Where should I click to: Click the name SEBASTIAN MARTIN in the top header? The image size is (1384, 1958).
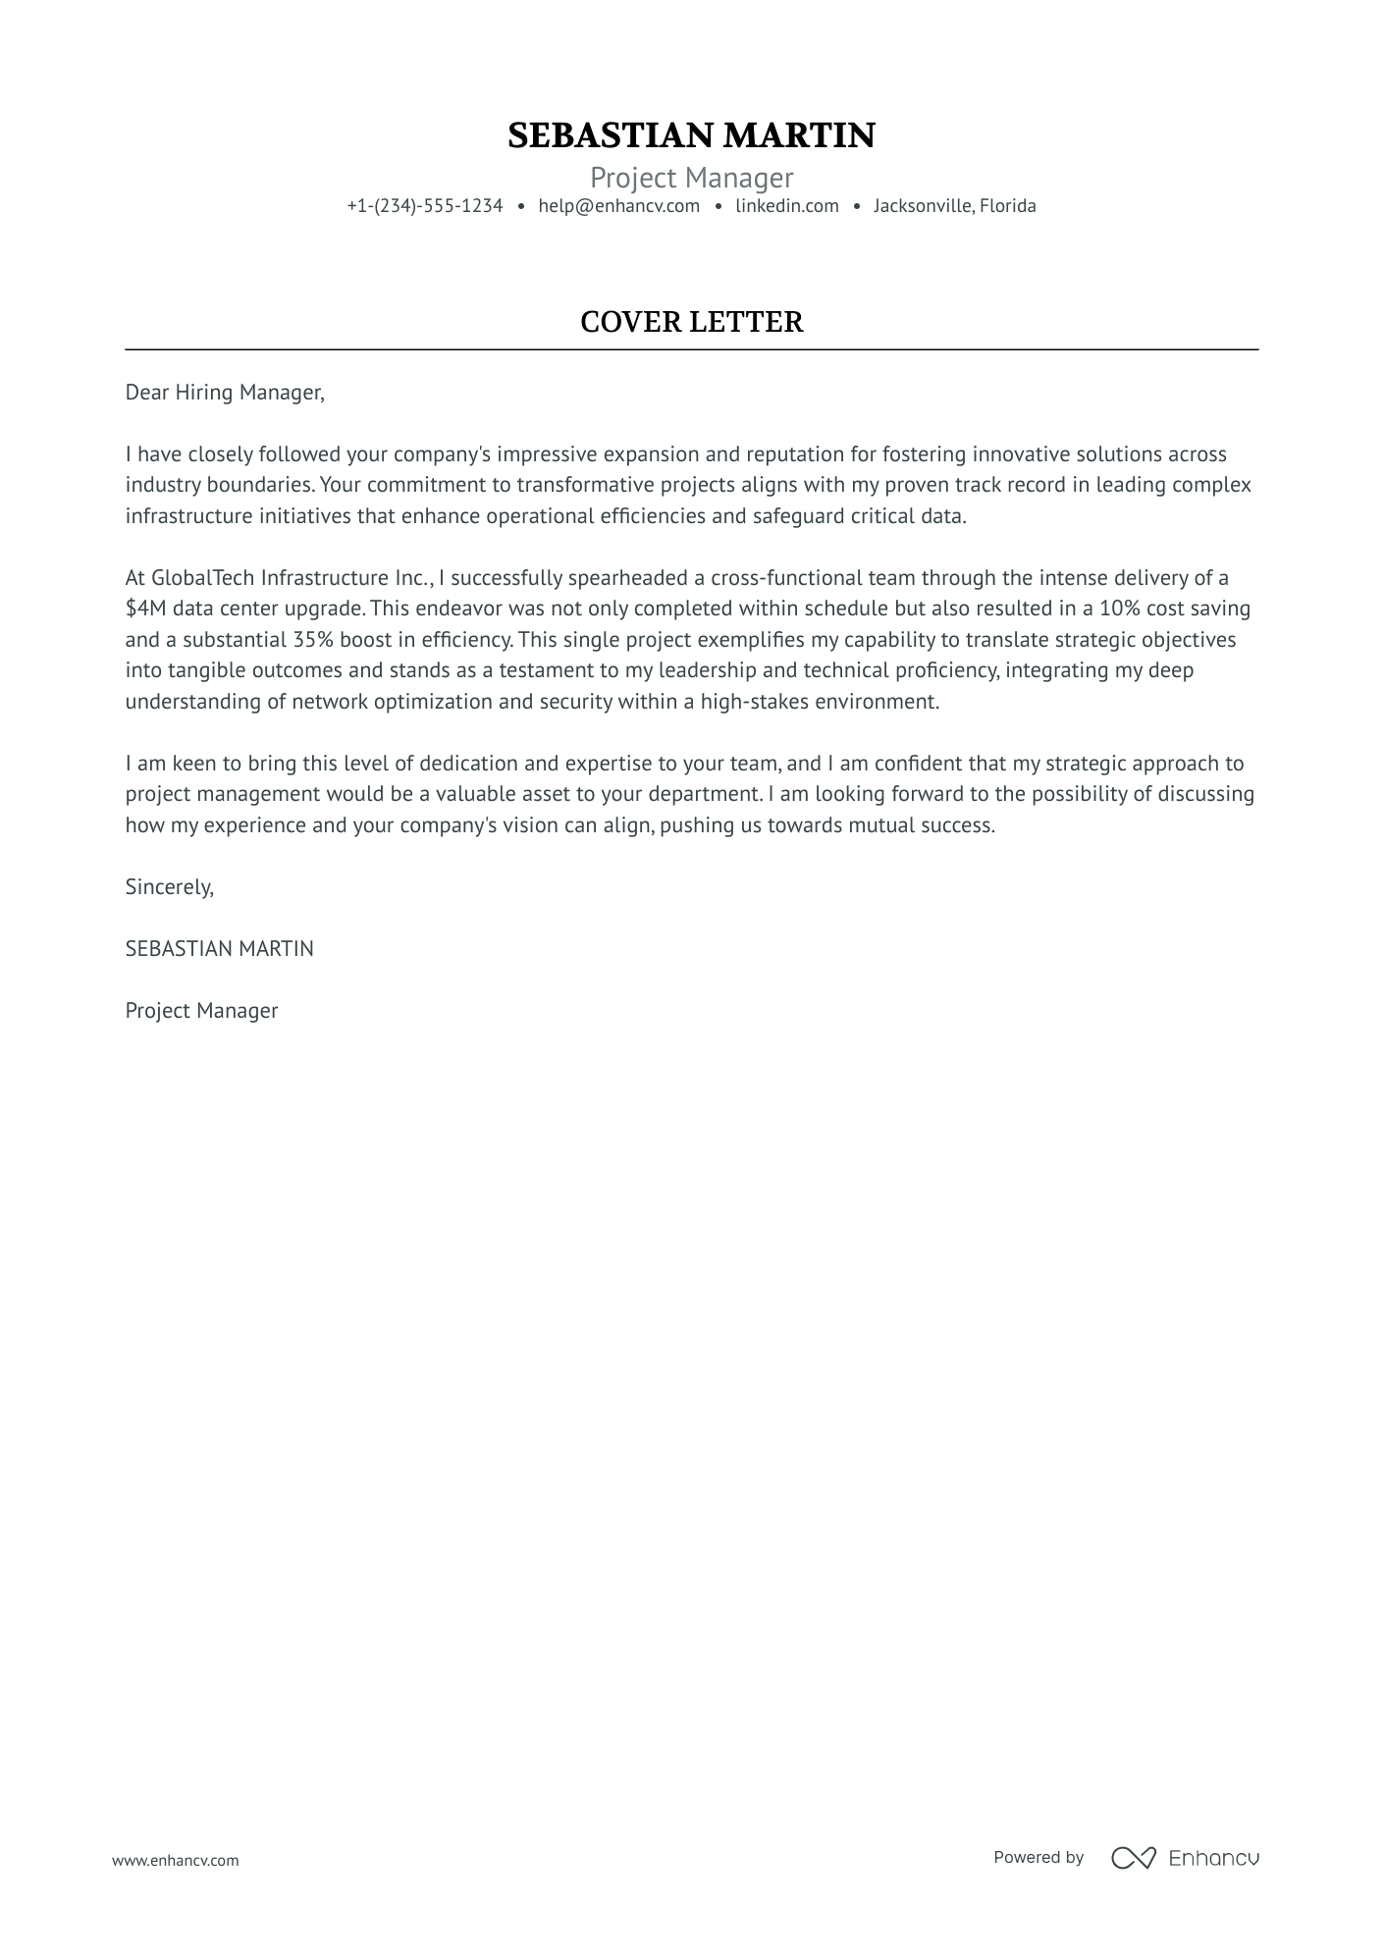tap(691, 135)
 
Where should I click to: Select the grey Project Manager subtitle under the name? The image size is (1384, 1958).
tap(691, 178)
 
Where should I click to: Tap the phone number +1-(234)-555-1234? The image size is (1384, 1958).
tap(424, 206)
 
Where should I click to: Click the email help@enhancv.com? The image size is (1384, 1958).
tap(618, 206)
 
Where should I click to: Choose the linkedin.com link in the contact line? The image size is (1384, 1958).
tap(786, 206)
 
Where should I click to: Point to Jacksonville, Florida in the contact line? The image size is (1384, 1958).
tap(954, 206)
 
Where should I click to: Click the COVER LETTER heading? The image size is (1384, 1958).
tap(691, 322)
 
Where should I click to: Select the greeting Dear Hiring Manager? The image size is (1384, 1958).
tap(224, 393)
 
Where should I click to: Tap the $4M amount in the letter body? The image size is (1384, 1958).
tap(145, 609)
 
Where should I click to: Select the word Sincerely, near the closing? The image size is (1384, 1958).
tap(169, 887)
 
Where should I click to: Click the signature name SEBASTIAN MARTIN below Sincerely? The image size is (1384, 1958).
tap(219, 949)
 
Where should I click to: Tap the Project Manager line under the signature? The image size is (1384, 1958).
tap(201, 1011)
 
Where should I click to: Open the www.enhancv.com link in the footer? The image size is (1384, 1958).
tap(175, 1860)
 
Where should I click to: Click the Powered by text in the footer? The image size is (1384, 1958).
tap(1038, 1857)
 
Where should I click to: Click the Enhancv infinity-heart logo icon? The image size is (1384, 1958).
tap(1133, 1857)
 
